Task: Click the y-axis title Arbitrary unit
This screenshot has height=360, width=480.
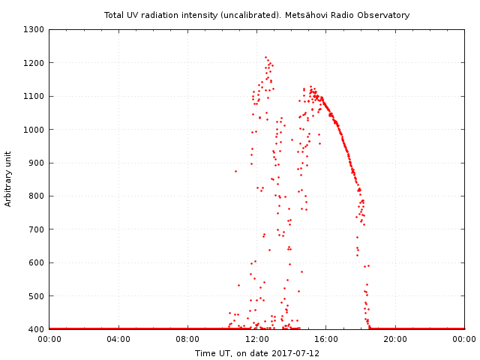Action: [x=8, y=178]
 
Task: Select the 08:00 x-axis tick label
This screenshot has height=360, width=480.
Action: [x=187, y=339]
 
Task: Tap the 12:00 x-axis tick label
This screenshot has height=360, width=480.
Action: [x=256, y=339]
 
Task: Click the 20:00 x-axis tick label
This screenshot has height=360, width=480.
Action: [x=395, y=339]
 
